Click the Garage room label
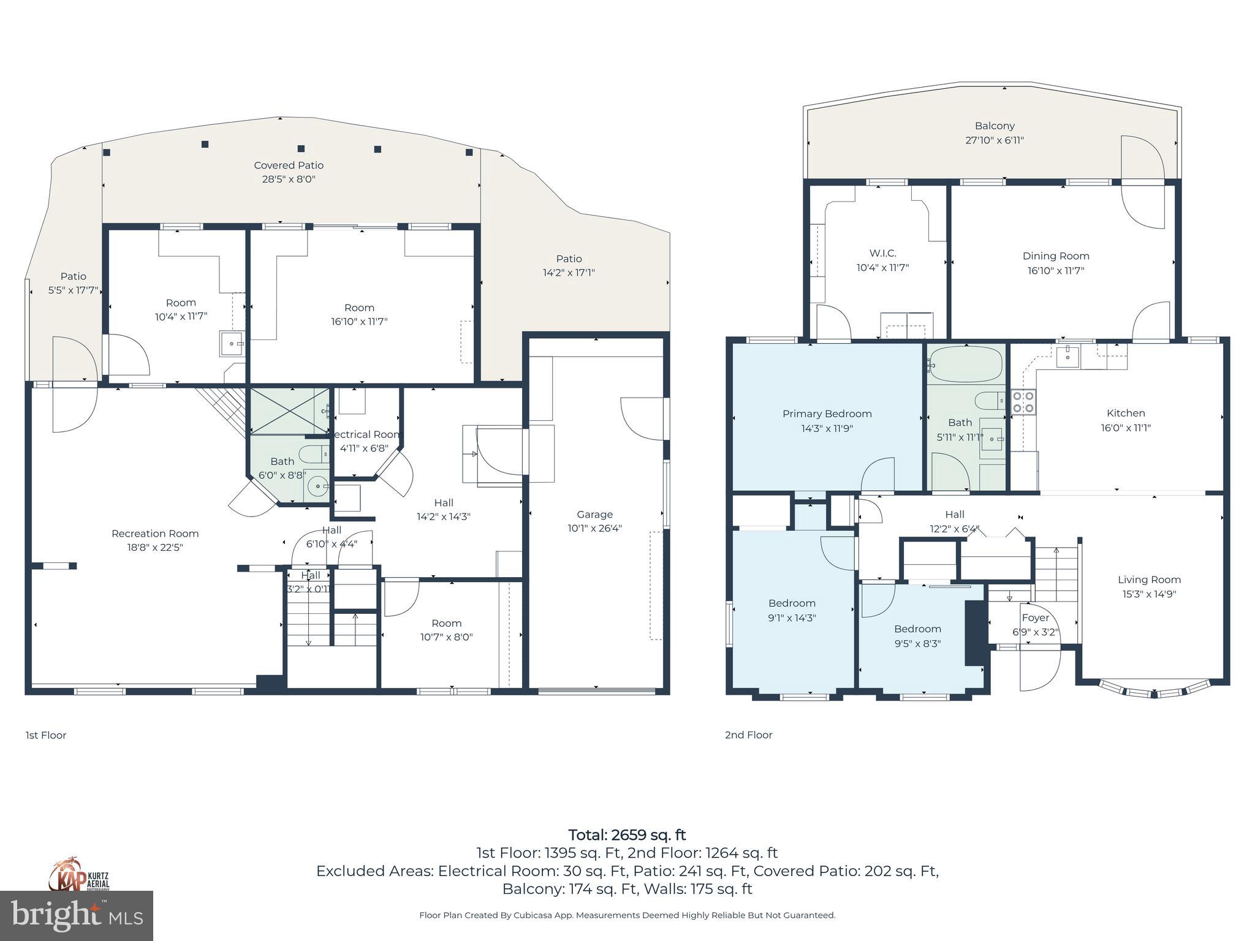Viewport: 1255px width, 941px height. pyautogui.click(x=594, y=515)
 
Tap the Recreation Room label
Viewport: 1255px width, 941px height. pyautogui.click(x=155, y=534)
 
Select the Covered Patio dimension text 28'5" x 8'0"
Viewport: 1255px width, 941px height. pyautogui.click(x=289, y=180)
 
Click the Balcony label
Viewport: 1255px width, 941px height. pyautogui.click(x=994, y=126)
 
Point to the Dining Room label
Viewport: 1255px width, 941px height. pyautogui.click(x=1055, y=256)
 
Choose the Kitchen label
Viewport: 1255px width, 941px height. pyautogui.click(x=1125, y=414)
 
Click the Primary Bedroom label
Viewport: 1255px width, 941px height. pyautogui.click(x=827, y=414)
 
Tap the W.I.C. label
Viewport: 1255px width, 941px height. pyautogui.click(x=882, y=253)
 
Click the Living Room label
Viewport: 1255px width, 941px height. pyautogui.click(x=1148, y=580)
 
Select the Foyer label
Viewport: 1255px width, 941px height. pyautogui.click(x=1035, y=618)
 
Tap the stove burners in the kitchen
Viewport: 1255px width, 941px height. pyautogui.click(x=1023, y=402)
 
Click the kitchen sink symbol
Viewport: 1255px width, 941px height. pyautogui.click(x=1067, y=355)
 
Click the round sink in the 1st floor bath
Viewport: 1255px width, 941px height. pyautogui.click(x=318, y=487)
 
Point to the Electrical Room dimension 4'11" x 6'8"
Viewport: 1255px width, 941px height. pyautogui.click(x=364, y=448)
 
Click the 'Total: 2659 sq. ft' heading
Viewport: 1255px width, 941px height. pyautogui.click(x=627, y=835)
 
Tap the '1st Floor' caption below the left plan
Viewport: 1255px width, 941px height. pyautogui.click(x=46, y=735)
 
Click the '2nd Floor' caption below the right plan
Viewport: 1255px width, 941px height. pyautogui.click(x=748, y=735)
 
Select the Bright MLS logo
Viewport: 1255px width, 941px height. pyautogui.click(x=76, y=915)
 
